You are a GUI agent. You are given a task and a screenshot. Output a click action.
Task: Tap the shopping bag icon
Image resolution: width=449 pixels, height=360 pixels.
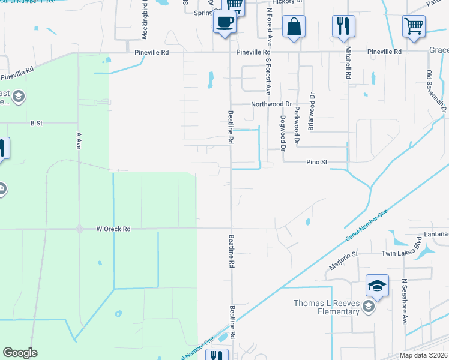click(294, 27)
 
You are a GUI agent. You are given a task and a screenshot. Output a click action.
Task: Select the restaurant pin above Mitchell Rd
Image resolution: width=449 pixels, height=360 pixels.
click(343, 26)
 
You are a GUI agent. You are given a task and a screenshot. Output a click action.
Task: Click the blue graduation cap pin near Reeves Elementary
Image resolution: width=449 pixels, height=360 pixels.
click(378, 287)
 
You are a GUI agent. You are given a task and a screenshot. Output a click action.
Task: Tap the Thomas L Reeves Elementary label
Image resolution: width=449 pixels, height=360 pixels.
click(326, 307)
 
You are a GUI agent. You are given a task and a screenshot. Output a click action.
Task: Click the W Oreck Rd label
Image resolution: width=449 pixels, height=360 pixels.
click(113, 229)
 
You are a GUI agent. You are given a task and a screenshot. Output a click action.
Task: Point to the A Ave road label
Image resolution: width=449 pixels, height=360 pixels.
click(78, 140)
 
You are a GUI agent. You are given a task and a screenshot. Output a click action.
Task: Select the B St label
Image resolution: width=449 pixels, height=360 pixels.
click(37, 123)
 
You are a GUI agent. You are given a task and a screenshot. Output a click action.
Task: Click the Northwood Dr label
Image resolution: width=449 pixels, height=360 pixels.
click(271, 104)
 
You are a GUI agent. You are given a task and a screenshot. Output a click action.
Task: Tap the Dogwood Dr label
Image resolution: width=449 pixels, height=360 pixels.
click(282, 133)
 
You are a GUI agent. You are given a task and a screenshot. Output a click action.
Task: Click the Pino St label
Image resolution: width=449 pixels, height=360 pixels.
click(316, 162)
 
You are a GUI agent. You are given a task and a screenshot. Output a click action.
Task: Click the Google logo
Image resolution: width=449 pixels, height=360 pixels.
click(20, 353)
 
